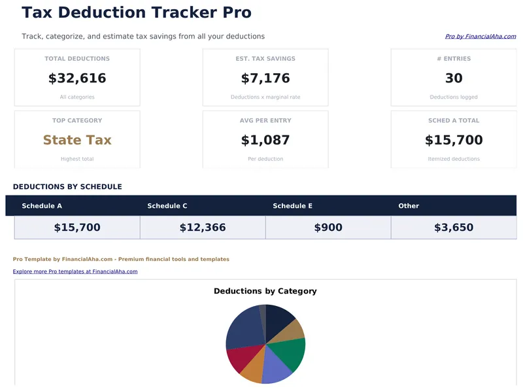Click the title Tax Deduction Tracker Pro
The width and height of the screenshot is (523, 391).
tap(136, 12)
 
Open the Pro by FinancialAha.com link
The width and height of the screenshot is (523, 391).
tap(480, 37)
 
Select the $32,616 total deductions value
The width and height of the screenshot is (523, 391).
tap(77, 78)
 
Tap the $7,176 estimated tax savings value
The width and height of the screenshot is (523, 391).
tap(265, 78)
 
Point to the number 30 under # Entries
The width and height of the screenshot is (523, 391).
tap(454, 78)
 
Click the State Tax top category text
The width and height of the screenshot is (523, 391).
tap(77, 140)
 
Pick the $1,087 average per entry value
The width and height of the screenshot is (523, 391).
tap(265, 140)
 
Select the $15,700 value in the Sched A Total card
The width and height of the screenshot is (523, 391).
tap(454, 140)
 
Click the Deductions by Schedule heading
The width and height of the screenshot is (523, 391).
tap(67, 187)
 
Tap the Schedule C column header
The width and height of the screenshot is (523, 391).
tap(167, 206)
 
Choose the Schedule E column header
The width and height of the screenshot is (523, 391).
tap(292, 206)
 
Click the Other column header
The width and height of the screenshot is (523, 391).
tap(409, 206)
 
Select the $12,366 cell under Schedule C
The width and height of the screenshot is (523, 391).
tap(203, 228)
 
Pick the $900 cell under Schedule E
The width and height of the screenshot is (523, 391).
tap(328, 228)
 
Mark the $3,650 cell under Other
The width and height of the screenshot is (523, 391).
tap(454, 228)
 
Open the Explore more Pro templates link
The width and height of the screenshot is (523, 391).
tap(75, 271)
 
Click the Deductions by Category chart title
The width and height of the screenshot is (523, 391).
tap(265, 291)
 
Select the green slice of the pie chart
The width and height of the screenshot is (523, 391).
tap(292, 352)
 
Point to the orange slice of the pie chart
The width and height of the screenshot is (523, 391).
tap(252, 371)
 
